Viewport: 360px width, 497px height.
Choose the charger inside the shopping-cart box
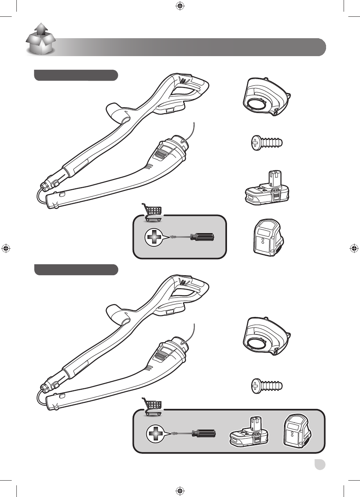pyautogui.click(x=297, y=432)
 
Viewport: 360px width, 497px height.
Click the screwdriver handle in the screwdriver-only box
pyautogui.click(x=202, y=237)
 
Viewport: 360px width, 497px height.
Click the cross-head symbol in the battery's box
pyautogui.click(x=155, y=433)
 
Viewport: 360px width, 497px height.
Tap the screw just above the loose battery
pyautogui.click(x=266, y=143)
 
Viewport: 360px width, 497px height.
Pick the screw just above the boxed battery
pyautogui.click(x=266, y=386)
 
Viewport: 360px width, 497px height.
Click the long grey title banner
pyautogui.click(x=191, y=47)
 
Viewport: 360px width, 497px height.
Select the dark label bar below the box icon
pyautogui.click(x=76, y=75)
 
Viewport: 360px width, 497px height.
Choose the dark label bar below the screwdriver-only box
pyautogui.click(x=76, y=269)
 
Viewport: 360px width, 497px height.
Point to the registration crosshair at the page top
pyautogui.click(x=180, y=6)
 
